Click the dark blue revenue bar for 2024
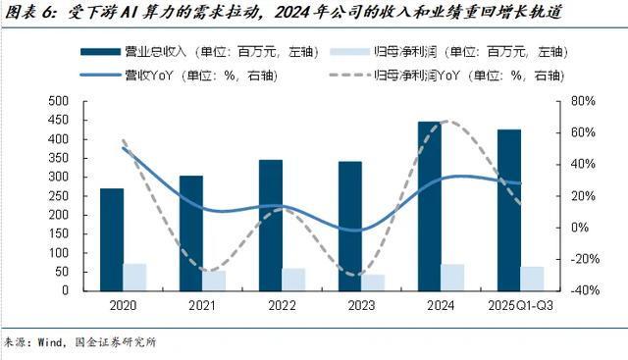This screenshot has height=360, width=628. [429, 206]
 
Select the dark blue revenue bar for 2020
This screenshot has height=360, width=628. [112, 239]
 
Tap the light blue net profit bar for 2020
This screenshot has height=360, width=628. [134, 277]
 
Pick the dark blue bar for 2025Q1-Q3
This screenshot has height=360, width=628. [508, 210]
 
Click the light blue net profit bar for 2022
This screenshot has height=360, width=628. [293, 280]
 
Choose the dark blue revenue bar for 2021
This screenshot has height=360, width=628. [191, 232]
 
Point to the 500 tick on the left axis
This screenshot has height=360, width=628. [57, 101]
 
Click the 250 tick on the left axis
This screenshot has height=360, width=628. [57, 196]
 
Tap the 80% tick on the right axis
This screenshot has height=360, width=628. [582, 101]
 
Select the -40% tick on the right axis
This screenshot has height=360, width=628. [582, 290]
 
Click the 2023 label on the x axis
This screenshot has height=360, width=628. [361, 306]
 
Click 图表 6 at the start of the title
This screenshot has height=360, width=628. [27, 12]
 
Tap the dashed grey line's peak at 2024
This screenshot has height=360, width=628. [446, 122]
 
